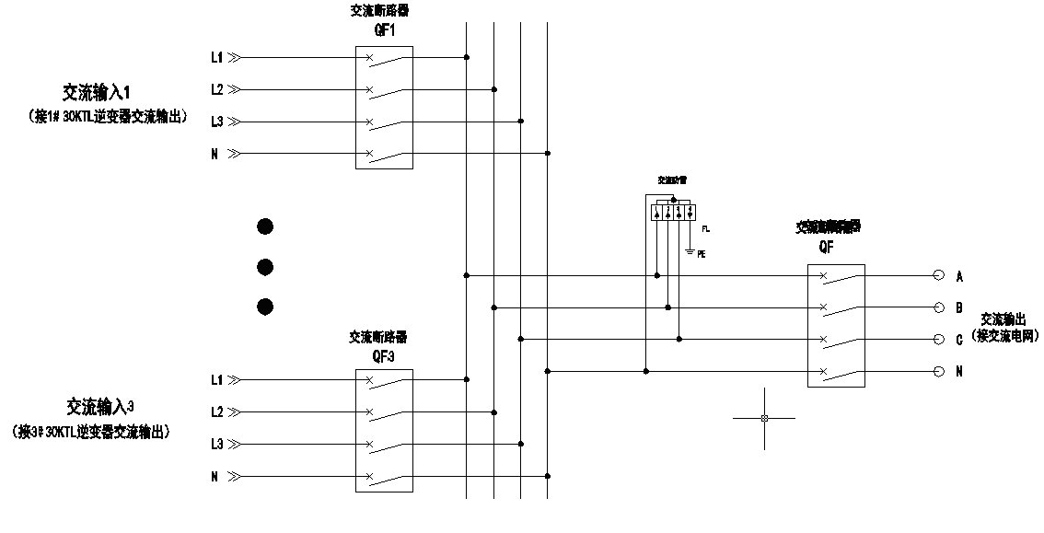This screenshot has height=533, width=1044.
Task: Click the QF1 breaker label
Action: click(x=384, y=29)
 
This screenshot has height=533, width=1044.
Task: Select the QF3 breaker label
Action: click(x=383, y=356)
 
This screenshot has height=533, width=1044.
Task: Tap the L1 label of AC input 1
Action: click(x=217, y=58)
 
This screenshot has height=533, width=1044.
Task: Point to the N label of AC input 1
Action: click(x=215, y=154)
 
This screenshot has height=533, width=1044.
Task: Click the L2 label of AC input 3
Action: click(x=217, y=411)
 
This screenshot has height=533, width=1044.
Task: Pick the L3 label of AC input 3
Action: click(x=217, y=444)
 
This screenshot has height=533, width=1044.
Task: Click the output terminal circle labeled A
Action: click(x=939, y=275)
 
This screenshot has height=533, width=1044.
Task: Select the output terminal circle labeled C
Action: click(x=939, y=339)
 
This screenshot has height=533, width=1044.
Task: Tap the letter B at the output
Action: click(x=959, y=307)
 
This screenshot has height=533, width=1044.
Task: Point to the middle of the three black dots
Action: click(x=265, y=267)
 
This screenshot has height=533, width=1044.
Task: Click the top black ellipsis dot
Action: click(x=265, y=226)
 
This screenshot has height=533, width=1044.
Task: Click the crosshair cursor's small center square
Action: click(x=764, y=418)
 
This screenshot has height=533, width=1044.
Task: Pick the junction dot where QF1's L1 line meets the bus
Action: click(x=467, y=58)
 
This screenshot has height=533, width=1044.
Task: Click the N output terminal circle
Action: click(x=939, y=371)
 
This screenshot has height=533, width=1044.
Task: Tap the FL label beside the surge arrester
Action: click(x=706, y=227)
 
